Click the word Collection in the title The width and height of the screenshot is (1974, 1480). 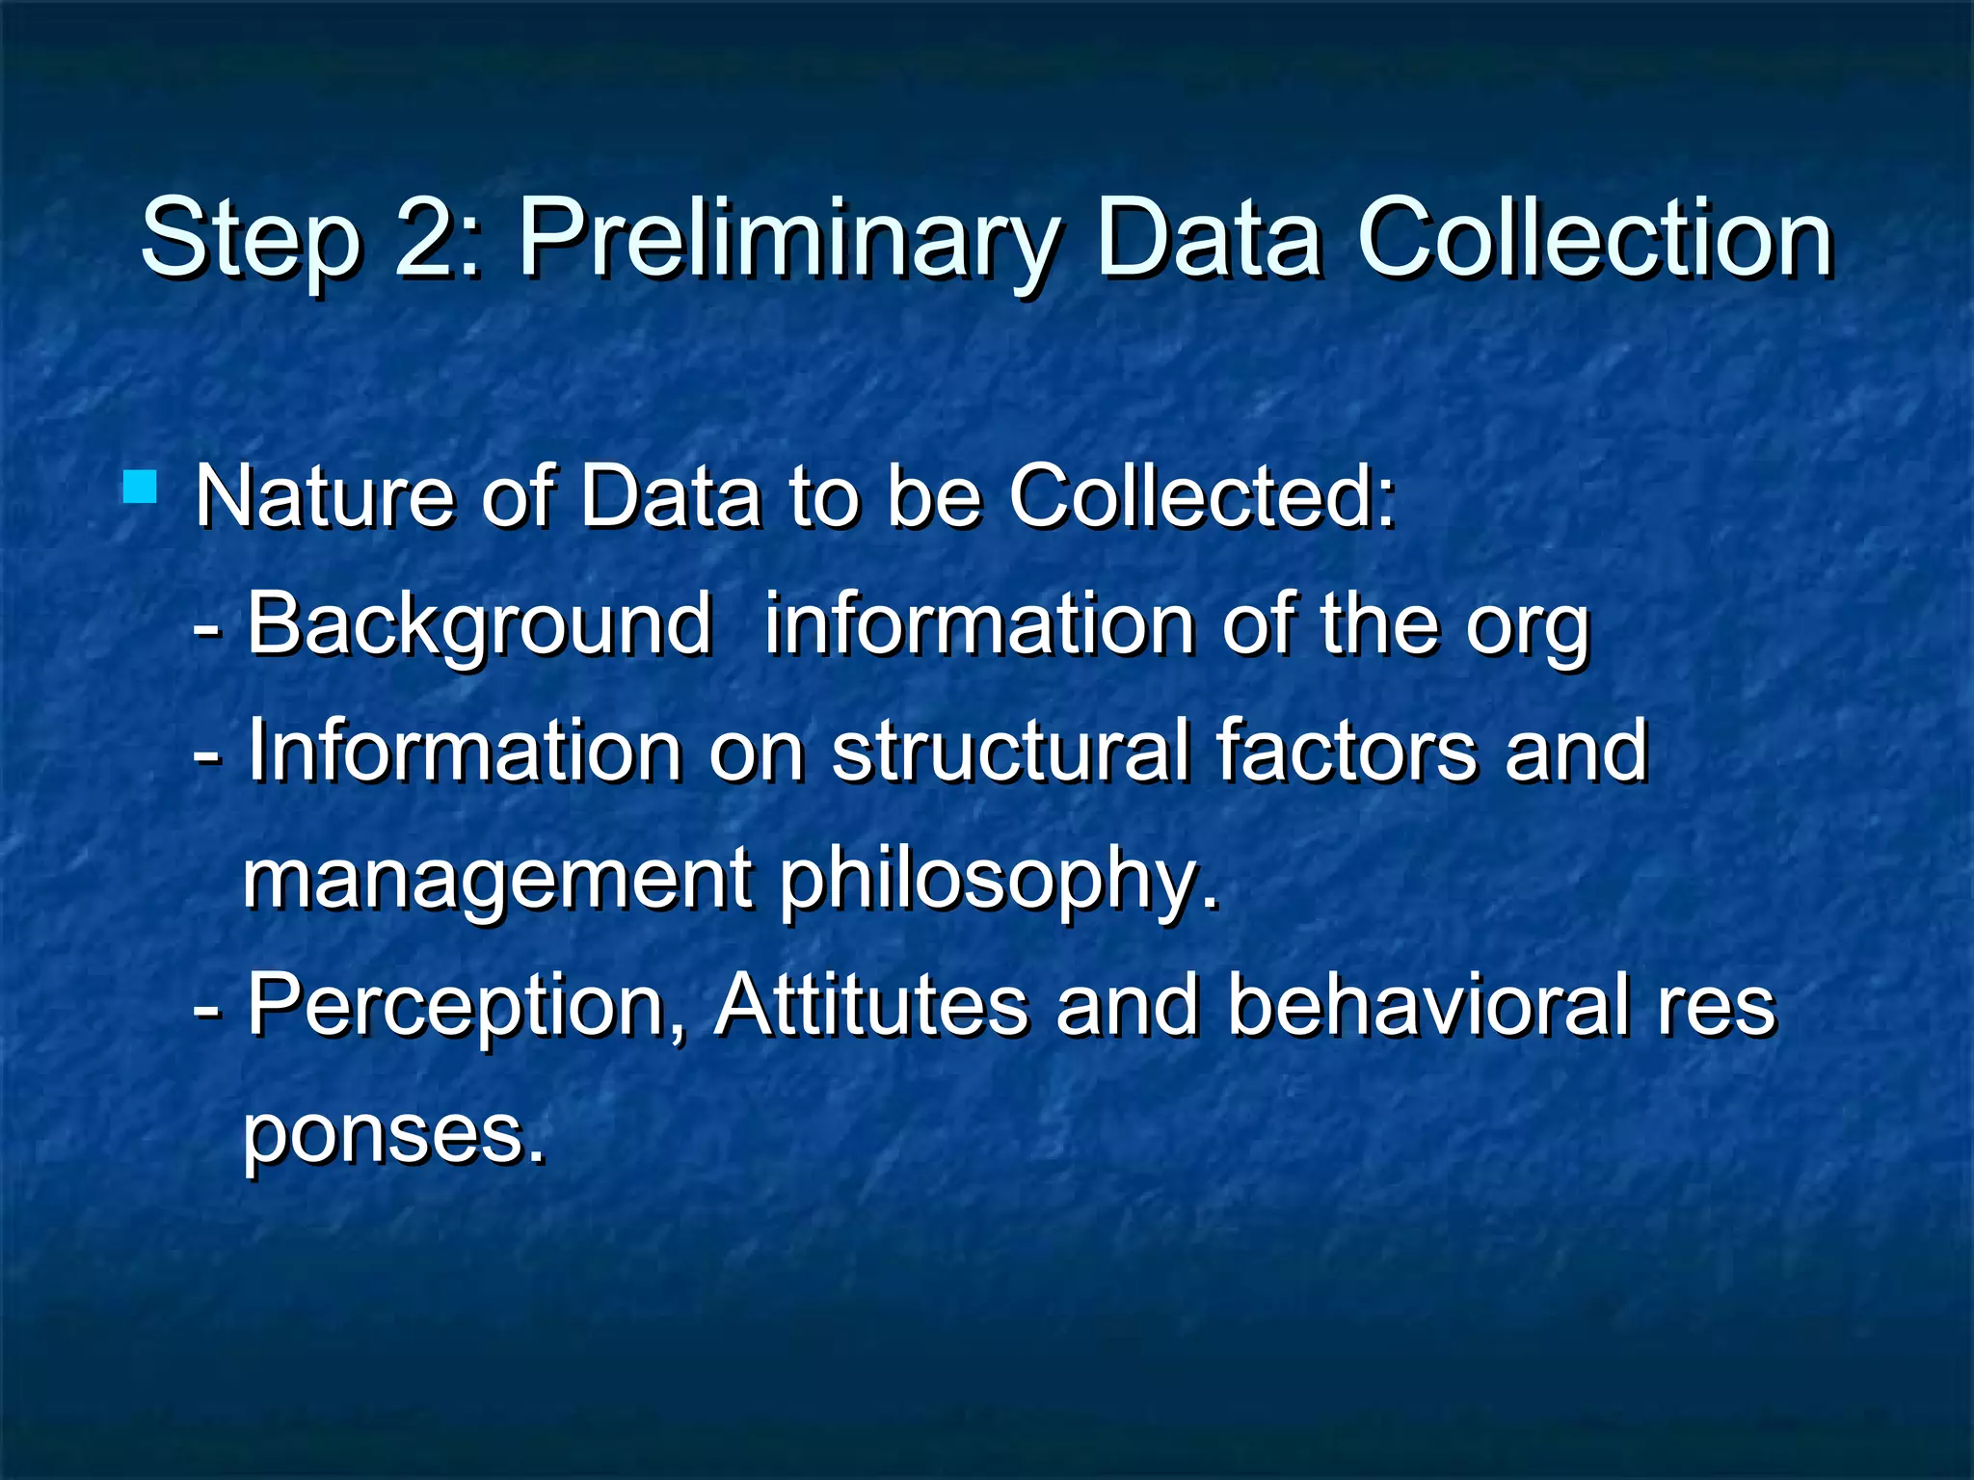coord(1594,237)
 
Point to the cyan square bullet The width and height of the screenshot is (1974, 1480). coord(141,487)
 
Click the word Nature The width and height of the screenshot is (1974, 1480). coord(324,497)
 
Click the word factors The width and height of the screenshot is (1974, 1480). coord(1346,751)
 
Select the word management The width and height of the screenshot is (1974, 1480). coord(497,879)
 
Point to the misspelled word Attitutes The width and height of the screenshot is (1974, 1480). coord(871,1004)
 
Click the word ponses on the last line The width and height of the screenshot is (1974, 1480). coord(393,1133)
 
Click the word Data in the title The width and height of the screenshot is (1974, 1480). coord(1209,237)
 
